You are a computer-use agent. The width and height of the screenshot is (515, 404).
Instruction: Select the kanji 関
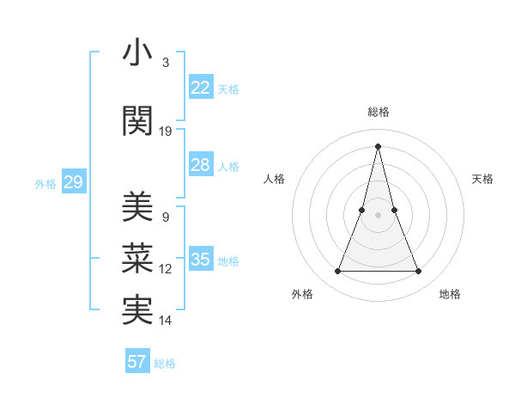tap(137, 122)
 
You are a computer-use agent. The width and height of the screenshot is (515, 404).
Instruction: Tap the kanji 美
tap(137, 208)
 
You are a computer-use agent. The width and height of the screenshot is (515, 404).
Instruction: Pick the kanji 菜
tap(137, 260)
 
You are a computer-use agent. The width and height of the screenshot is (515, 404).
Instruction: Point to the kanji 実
tap(137, 311)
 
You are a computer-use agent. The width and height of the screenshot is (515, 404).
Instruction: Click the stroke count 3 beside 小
tap(166, 63)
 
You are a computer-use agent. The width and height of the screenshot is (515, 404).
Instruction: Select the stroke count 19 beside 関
tap(166, 132)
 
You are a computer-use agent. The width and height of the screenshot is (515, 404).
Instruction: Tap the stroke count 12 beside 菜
tap(166, 269)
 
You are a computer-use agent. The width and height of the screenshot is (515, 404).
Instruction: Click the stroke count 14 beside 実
tap(166, 321)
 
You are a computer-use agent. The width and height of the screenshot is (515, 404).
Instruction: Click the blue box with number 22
tap(200, 88)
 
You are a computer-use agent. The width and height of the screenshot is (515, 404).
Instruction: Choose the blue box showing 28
tap(200, 165)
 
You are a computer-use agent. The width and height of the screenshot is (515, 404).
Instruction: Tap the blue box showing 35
tap(200, 260)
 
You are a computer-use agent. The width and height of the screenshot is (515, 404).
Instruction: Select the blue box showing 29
tap(73, 182)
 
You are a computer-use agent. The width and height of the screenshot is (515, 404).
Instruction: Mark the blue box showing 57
tap(137, 362)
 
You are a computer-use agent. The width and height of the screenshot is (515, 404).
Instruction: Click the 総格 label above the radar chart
tap(378, 112)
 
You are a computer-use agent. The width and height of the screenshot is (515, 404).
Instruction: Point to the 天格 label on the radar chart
tap(483, 179)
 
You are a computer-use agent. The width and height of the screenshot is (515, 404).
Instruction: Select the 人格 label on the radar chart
tap(274, 179)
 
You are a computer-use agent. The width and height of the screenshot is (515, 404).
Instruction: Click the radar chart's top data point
tap(378, 146)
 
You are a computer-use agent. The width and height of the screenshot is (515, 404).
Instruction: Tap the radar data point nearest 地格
tap(419, 272)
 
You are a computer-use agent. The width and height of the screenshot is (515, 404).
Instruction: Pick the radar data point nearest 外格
tap(337, 272)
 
